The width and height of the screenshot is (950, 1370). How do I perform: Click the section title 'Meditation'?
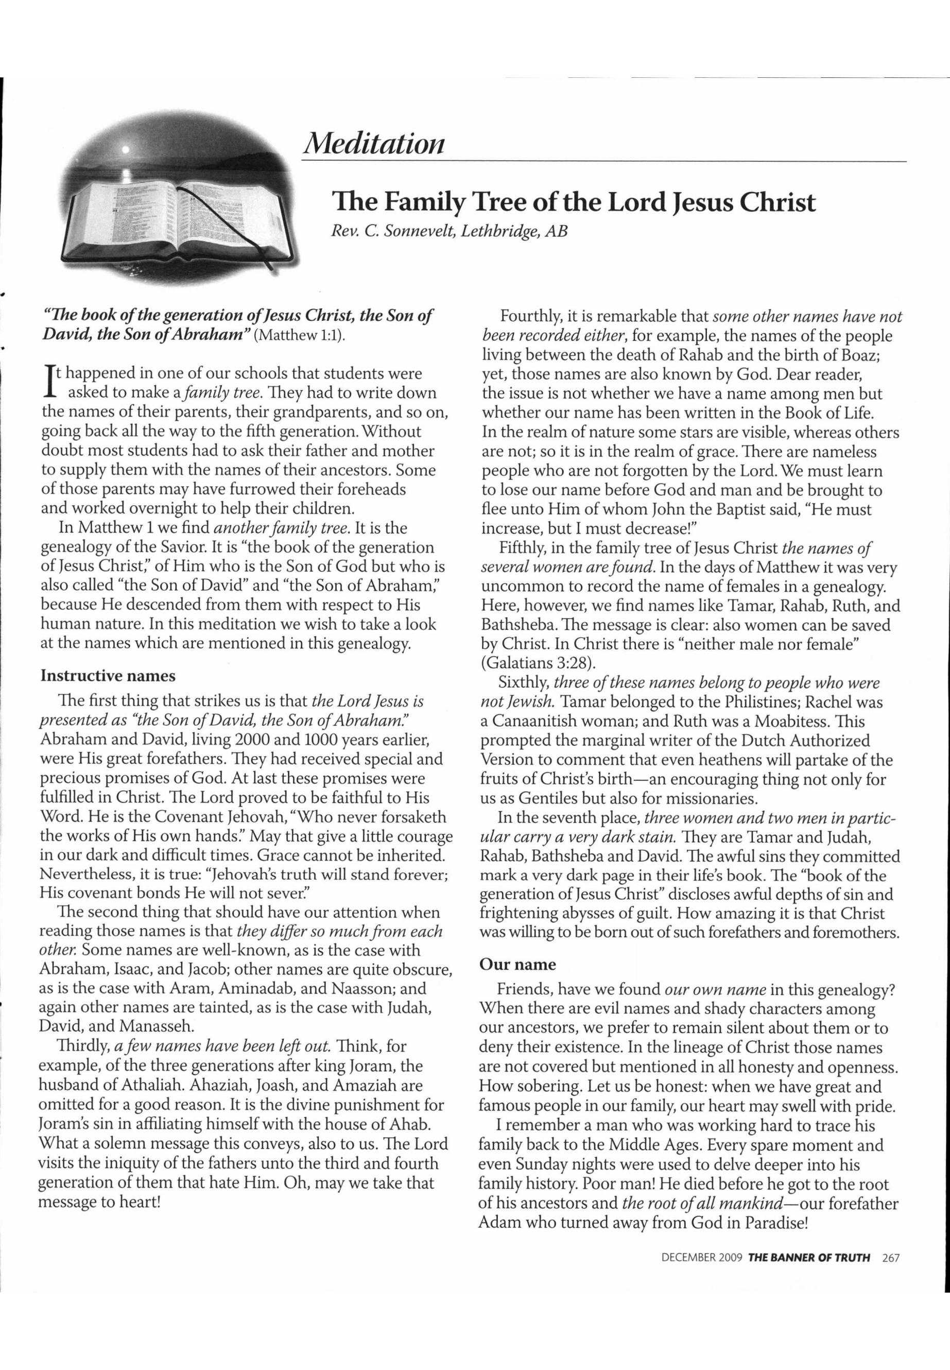point(373,143)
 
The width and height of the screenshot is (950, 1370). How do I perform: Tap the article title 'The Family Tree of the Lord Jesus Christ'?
point(573,202)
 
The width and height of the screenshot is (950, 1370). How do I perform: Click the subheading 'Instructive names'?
point(108,676)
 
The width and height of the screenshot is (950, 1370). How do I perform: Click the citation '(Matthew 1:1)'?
point(299,335)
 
